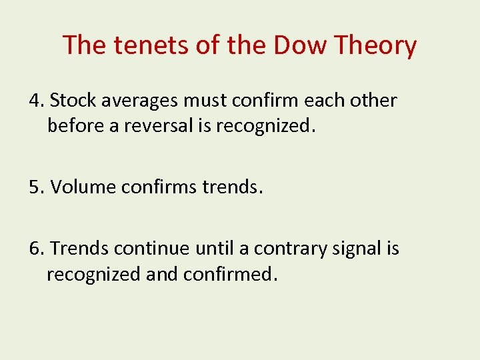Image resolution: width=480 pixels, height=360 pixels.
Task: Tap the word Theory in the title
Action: [376, 45]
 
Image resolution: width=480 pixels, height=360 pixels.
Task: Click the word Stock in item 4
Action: [70, 101]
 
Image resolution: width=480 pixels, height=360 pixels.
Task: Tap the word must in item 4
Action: [204, 101]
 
